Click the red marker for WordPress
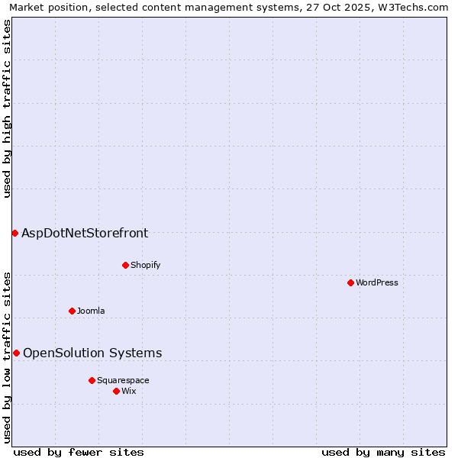coord(350,282)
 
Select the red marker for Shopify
coord(125,265)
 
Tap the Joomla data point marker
coord(72,311)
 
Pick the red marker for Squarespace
coord(92,380)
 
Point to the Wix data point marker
coord(116,391)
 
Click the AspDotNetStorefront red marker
coord(15,233)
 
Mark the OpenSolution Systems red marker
coord(16,353)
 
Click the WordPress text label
coord(377,282)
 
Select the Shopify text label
coord(145,265)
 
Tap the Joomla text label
coord(91,311)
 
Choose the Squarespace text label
coord(123,380)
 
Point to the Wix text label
coord(129,391)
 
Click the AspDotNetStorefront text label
coord(85,233)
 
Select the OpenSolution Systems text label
coord(92,353)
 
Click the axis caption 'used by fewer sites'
coord(79,452)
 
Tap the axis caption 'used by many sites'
coord(383,452)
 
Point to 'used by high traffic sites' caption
coord(7,108)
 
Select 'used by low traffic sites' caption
coord(7,356)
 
